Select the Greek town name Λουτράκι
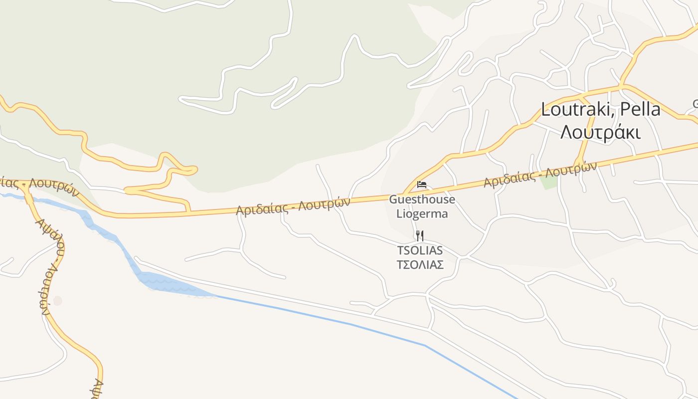click(x=600, y=132)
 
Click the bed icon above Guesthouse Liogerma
click(x=422, y=185)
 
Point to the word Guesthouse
click(x=422, y=199)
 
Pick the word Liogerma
click(x=422, y=214)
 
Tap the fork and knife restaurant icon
click(x=420, y=235)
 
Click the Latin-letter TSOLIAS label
click(x=420, y=250)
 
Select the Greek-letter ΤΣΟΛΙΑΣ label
click(x=420, y=264)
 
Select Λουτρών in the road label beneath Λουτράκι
click(x=571, y=170)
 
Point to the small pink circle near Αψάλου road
click(x=58, y=301)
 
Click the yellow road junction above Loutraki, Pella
click(x=622, y=86)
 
